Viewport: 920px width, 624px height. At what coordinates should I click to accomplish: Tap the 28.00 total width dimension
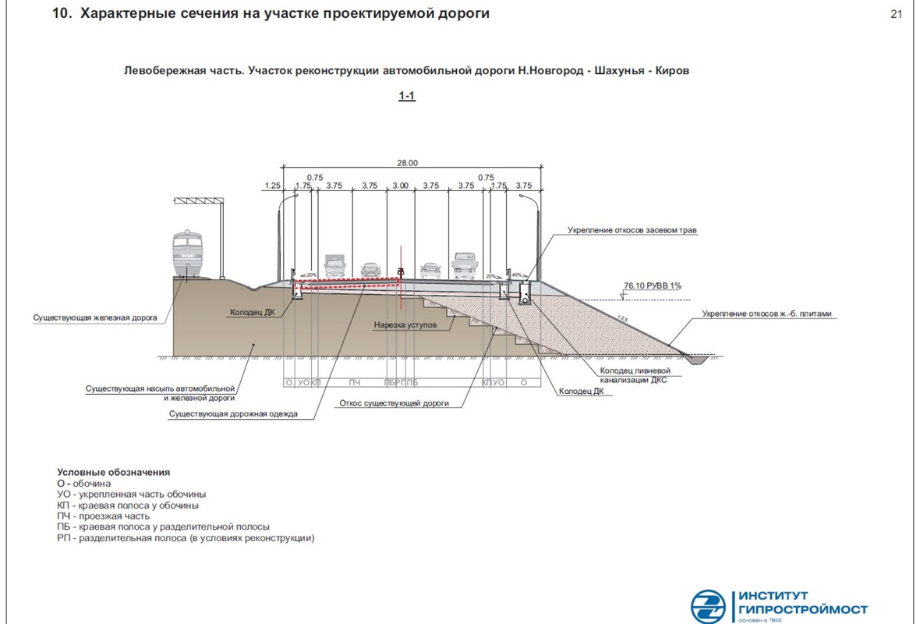tap(408, 163)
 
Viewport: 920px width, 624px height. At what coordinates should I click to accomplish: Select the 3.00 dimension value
tap(400, 186)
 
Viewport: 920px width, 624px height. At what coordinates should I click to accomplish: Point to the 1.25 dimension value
tap(272, 186)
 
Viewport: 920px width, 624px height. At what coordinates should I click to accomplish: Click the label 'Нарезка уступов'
tap(405, 323)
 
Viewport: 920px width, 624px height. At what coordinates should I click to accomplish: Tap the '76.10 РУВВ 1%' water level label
tap(653, 285)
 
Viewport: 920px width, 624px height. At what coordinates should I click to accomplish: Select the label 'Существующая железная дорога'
tap(95, 318)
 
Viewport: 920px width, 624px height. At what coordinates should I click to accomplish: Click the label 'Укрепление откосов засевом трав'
tap(632, 231)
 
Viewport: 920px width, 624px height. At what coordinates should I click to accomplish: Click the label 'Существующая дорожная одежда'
tap(233, 414)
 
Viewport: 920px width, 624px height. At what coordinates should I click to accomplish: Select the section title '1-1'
tap(407, 97)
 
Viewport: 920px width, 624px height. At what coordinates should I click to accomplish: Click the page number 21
tap(896, 14)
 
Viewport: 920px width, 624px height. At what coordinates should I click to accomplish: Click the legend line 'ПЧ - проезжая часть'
tap(103, 516)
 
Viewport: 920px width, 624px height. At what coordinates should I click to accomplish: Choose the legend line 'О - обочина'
tap(84, 484)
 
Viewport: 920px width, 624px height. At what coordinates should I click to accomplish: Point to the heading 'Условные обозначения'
tap(113, 473)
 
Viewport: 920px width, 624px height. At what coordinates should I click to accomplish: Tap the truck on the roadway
tap(334, 267)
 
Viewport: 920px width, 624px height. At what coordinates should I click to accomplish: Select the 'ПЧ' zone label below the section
tap(354, 383)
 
